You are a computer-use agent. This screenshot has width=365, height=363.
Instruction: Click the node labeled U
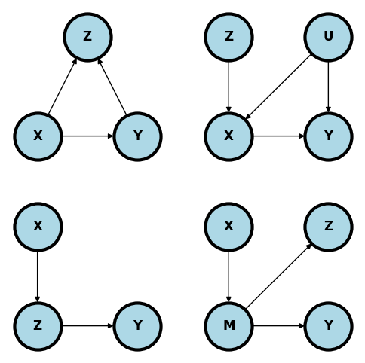(x=328, y=37)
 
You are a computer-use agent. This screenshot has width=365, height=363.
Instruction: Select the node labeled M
(x=229, y=326)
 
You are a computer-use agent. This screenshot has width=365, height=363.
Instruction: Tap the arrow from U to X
(x=278, y=87)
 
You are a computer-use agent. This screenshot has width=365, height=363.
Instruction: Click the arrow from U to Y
(x=328, y=87)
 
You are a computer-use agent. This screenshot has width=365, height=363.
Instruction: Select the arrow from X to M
(x=229, y=276)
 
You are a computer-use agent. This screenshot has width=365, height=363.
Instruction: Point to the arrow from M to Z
(x=278, y=276)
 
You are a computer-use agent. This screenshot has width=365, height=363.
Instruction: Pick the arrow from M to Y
(x=278, y=326)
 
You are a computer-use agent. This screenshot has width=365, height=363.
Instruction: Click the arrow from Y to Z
(x=112, y=87)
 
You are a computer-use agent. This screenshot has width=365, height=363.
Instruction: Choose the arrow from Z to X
(x=229, y=87)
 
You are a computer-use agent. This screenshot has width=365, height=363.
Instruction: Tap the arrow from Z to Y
(x=87, y=326)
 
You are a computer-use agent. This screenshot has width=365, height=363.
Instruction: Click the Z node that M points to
(x=328, y=227)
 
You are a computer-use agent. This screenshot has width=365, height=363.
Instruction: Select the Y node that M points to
(x=328, y=326)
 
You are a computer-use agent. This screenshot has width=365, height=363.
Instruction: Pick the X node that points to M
(x=229, y=227)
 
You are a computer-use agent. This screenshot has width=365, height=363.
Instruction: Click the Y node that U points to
(x=328, y=136)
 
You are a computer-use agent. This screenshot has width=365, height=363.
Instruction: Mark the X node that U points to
(x=229, y=136)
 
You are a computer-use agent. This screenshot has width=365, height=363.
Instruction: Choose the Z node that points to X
(x=229, y=37)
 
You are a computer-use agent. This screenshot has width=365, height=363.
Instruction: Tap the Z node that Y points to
(x=87, y=37)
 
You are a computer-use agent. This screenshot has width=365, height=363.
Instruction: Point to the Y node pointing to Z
(x=137, y=136)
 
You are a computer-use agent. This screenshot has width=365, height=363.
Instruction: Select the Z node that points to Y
(x=38, y=326)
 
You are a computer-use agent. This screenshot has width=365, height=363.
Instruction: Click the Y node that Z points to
(x=137, y=326)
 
